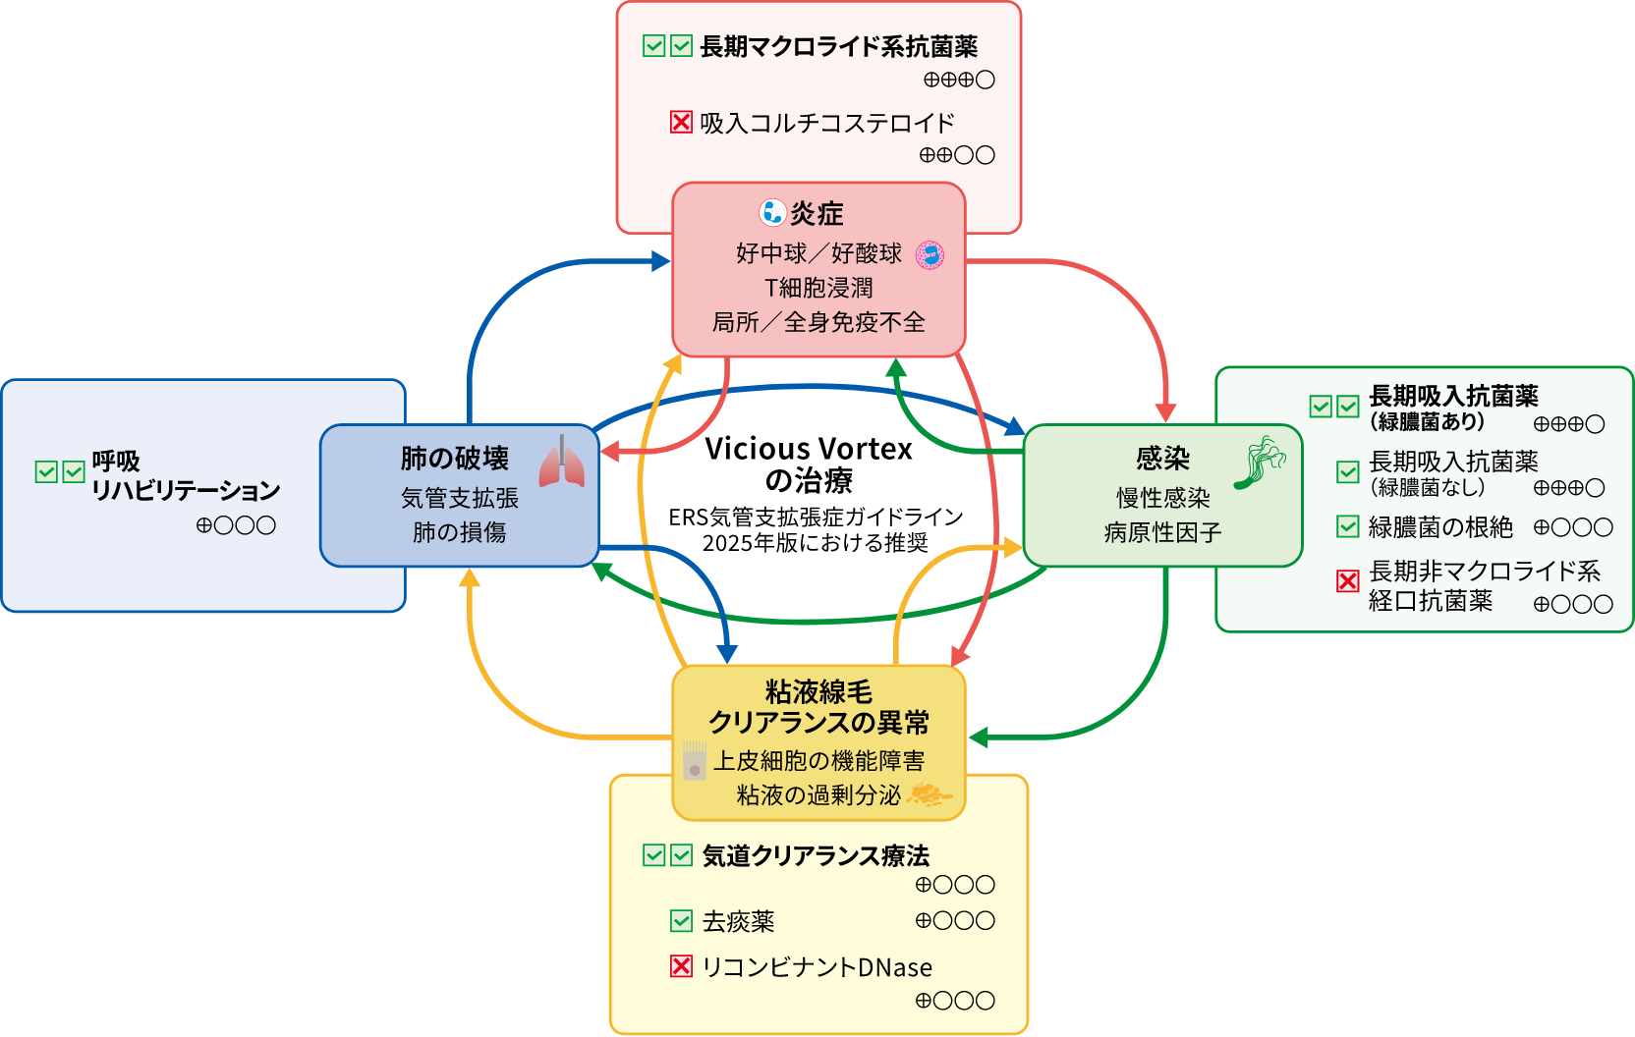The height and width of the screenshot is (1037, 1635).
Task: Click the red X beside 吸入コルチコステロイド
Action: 681,122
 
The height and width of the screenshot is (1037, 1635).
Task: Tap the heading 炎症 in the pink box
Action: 817,213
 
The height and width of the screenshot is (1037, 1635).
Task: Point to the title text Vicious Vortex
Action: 809,449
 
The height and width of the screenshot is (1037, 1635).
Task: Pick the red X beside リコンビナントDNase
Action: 681,966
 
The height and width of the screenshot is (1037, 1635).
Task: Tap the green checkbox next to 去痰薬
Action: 681,921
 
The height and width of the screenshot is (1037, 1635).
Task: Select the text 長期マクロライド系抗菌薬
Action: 838,46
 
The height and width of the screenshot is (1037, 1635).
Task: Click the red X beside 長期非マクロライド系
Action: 1348,581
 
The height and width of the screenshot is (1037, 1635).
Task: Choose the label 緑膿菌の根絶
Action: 1440,527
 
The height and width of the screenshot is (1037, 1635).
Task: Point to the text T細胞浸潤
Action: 818,288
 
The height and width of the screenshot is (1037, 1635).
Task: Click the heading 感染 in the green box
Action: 1162,459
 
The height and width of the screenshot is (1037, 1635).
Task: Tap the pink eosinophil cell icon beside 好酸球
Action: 930,255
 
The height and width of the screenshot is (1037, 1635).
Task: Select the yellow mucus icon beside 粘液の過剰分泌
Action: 928,794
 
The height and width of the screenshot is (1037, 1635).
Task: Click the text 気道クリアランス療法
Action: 816,855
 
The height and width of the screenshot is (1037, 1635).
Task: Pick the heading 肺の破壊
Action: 454,459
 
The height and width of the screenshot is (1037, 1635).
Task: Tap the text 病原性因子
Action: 1162,532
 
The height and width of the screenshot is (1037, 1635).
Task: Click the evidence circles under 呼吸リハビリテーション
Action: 236,525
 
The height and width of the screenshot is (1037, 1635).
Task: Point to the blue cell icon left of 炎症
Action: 772,212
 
